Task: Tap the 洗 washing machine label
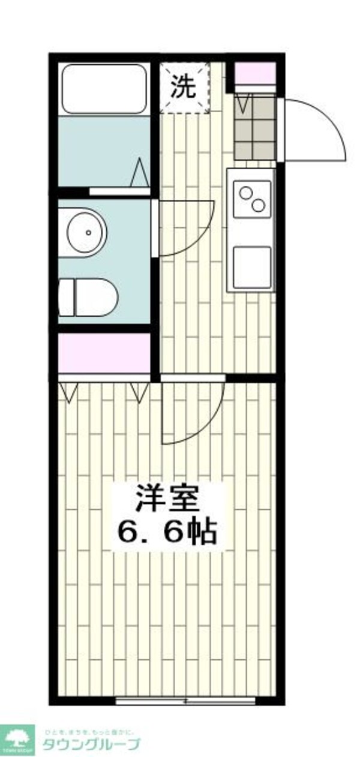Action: pos(184,88)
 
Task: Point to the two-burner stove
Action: pos(251,199)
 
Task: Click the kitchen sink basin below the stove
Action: pos(251,267)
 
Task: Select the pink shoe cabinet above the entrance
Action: pos(254,73)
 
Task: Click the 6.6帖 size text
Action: pos(166,530)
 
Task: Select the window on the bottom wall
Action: pos(185,701)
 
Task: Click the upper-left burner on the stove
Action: pos(246,193)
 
